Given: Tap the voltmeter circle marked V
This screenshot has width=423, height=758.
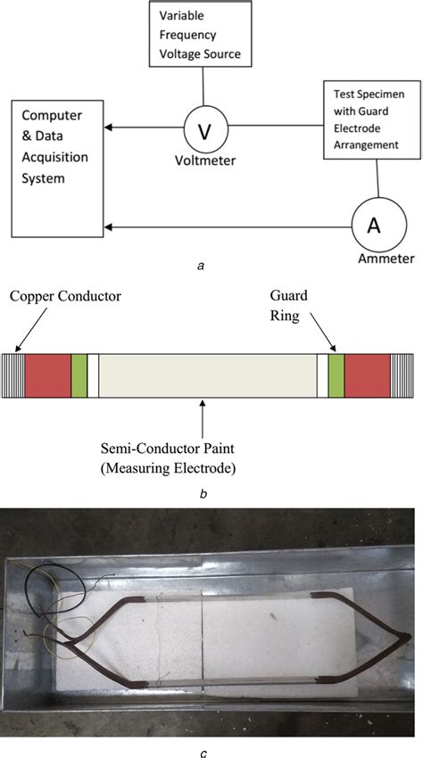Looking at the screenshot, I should [203, 131].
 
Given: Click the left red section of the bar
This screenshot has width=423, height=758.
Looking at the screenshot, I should [47, 375].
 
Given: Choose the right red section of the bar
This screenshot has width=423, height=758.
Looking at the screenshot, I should [367, 375].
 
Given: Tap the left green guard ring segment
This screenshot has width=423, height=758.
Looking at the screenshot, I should [79, 375].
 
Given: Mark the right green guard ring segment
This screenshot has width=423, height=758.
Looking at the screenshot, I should [336, 375].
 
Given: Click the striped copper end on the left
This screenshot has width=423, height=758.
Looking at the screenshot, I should [13, 375].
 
